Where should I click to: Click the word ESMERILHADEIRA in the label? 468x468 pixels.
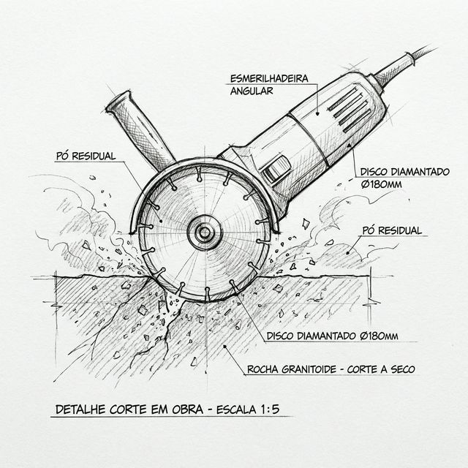point(269,78)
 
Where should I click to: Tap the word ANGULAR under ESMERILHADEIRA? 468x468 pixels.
point(252,91)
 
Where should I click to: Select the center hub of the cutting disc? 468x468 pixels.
point(205,233)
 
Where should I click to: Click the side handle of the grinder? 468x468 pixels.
point(140,131)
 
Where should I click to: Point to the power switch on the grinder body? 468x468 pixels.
point(276,169)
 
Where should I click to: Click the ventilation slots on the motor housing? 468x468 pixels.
point(350,110)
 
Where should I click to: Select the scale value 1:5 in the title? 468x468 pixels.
point(270,409)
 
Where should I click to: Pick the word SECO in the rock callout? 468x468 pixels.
point(403,369)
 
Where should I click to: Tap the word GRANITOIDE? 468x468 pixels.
point(309,369)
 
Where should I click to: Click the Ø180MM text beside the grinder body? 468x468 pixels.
point(381,184)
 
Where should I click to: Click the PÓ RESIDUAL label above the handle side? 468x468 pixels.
point(86,156)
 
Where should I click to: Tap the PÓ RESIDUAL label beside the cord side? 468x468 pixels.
point(392,230)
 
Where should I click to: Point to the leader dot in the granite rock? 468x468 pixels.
point(224,346)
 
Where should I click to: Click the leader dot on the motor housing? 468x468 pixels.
point(318,113)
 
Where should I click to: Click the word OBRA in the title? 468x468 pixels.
point(187,409)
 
